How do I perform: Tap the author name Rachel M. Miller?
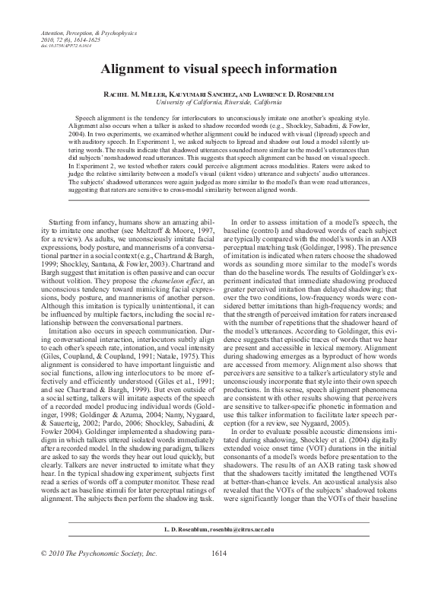pyautogui.click(x=133, y=91)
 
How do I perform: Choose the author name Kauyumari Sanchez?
pyautogui.click(x=202, y=91)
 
